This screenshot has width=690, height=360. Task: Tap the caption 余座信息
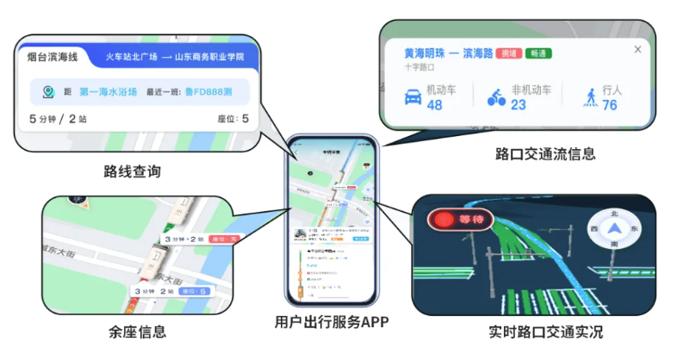click(138, 331)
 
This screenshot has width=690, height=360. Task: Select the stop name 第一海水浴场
click(109, 90)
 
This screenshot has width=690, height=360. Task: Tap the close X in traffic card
click(637, 50)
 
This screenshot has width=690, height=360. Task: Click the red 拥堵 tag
click(508, 53)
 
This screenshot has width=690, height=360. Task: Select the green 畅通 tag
click(538, 53)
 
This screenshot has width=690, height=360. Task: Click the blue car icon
click(412, 96)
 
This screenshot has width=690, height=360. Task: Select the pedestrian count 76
click(610, 105)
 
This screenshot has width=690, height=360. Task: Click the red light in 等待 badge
click(445, 220)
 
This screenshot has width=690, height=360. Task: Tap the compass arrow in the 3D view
click(613, 229)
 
